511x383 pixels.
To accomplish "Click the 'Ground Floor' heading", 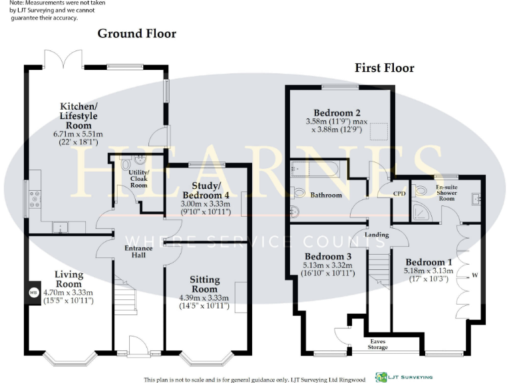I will click(136, 33).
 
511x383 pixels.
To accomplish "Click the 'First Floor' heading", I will click(384, 68).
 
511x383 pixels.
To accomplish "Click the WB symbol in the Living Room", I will click(33, 292).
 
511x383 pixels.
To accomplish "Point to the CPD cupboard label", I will click(399, 194).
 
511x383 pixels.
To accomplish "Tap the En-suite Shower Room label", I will click(445, 193).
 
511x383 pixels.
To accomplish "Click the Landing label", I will click(377, 235).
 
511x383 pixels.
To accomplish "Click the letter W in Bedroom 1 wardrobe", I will click(474, 275).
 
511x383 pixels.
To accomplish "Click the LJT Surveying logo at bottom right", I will click(403, 377).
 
